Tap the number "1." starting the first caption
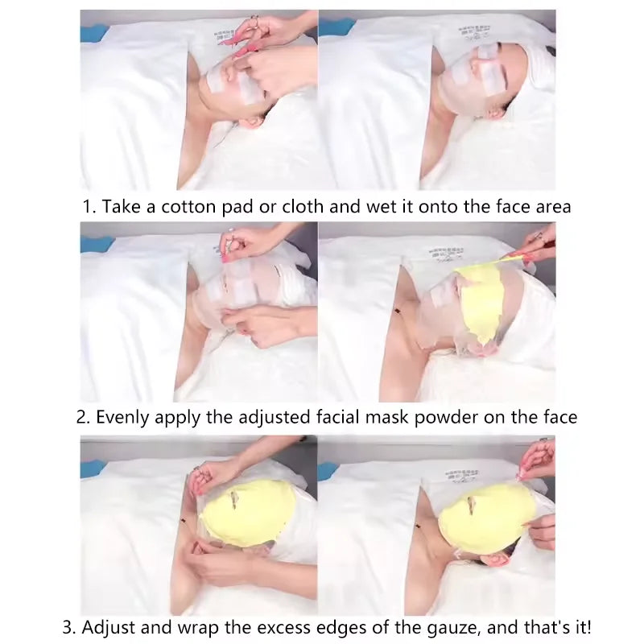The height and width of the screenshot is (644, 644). [x=89, y=207]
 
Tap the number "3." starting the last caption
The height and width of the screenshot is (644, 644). [x=71, y=626]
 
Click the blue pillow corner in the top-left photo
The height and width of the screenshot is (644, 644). [x=93, y=33]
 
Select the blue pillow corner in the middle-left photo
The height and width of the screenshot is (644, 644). [x=93, y=243]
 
